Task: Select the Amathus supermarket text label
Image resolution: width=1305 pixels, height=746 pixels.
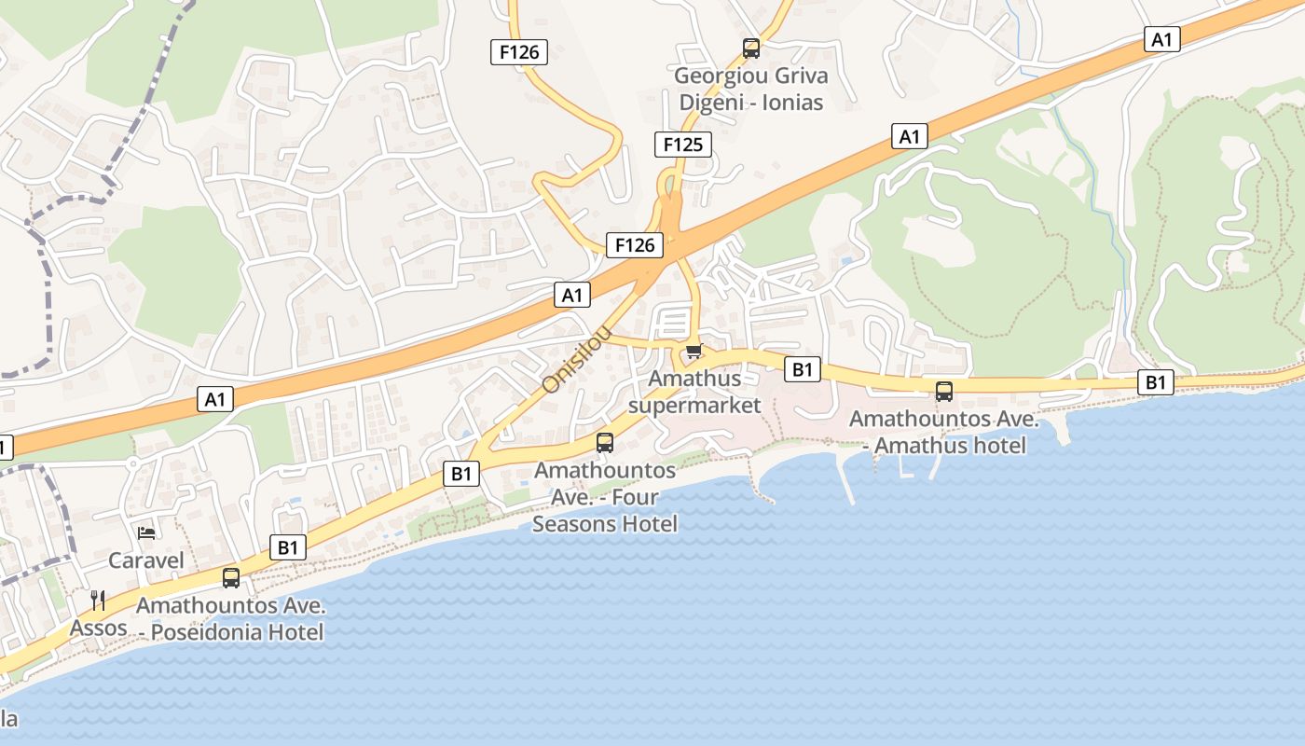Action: click(x=694, y=392)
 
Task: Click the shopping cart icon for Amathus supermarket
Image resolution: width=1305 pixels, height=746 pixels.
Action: click(x=693, y=352)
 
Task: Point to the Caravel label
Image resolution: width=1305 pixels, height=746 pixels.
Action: click(x=146, y=560)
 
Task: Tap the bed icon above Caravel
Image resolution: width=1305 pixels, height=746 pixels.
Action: click(x=146, y=532)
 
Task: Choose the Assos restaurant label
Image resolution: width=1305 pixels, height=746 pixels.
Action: click(x=99, y=628)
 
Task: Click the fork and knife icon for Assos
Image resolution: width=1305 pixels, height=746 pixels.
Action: click(x=98, y=600)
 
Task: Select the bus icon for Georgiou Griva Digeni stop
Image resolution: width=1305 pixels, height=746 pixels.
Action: click(x=750, y=48)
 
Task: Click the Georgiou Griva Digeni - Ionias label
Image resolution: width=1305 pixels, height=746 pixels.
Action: click(x=750, y=89)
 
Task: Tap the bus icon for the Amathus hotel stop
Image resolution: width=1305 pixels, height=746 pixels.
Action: click(x=944, y=392)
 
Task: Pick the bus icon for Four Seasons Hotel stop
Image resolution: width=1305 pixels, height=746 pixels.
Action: click(x=605, y=443)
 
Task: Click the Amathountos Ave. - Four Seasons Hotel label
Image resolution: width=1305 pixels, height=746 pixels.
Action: click(x=605, y=497)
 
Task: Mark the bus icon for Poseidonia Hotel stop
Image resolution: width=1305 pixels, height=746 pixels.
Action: click(x=231, y=578)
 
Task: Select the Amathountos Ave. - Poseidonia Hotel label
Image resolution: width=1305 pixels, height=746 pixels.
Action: click(x=231, y=618)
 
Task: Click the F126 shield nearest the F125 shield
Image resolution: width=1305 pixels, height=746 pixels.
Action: click(x=635, y=245)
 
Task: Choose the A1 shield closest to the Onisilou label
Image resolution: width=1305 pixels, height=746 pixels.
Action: click(x=572, y=296)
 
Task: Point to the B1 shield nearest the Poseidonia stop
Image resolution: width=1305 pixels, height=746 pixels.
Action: click(x=288, y=547)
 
